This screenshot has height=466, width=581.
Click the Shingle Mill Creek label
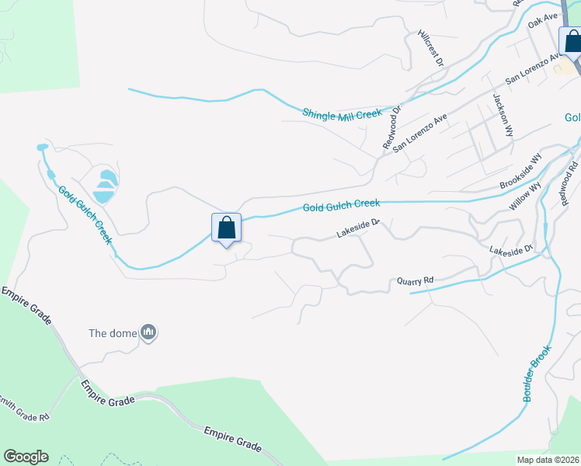pyautogui.click(x=342, y=114)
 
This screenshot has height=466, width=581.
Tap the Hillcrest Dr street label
pyautogui.click(x=430, y=47)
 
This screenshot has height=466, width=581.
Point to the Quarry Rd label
pyautogui.click(x=414, y=280)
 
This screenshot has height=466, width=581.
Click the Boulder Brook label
pyautogui.click(x=536, y=373)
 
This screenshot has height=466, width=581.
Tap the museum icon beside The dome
pyautogui.click(x=148, y=334)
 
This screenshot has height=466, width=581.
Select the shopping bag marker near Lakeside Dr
pyautogui.click(x=226, y=228)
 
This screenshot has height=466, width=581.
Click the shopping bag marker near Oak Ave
pyautogui.click(x=572, y=40)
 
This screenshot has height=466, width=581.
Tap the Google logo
pyautogui.click(x=26, y=457)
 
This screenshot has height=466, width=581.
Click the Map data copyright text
pyautogui.click(x=548, y=460)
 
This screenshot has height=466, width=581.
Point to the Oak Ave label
pyautogui.click(x=543, y=19)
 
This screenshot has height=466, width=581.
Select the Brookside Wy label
pyautogui.click(x=520, y=172)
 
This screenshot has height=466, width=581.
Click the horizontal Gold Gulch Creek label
pyautogui.click(x=341, y=205)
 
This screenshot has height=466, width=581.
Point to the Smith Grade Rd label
pyautogui.click(x=26, y=410)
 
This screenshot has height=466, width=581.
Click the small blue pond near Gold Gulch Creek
pyautogui.click(x=103, y=186)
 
